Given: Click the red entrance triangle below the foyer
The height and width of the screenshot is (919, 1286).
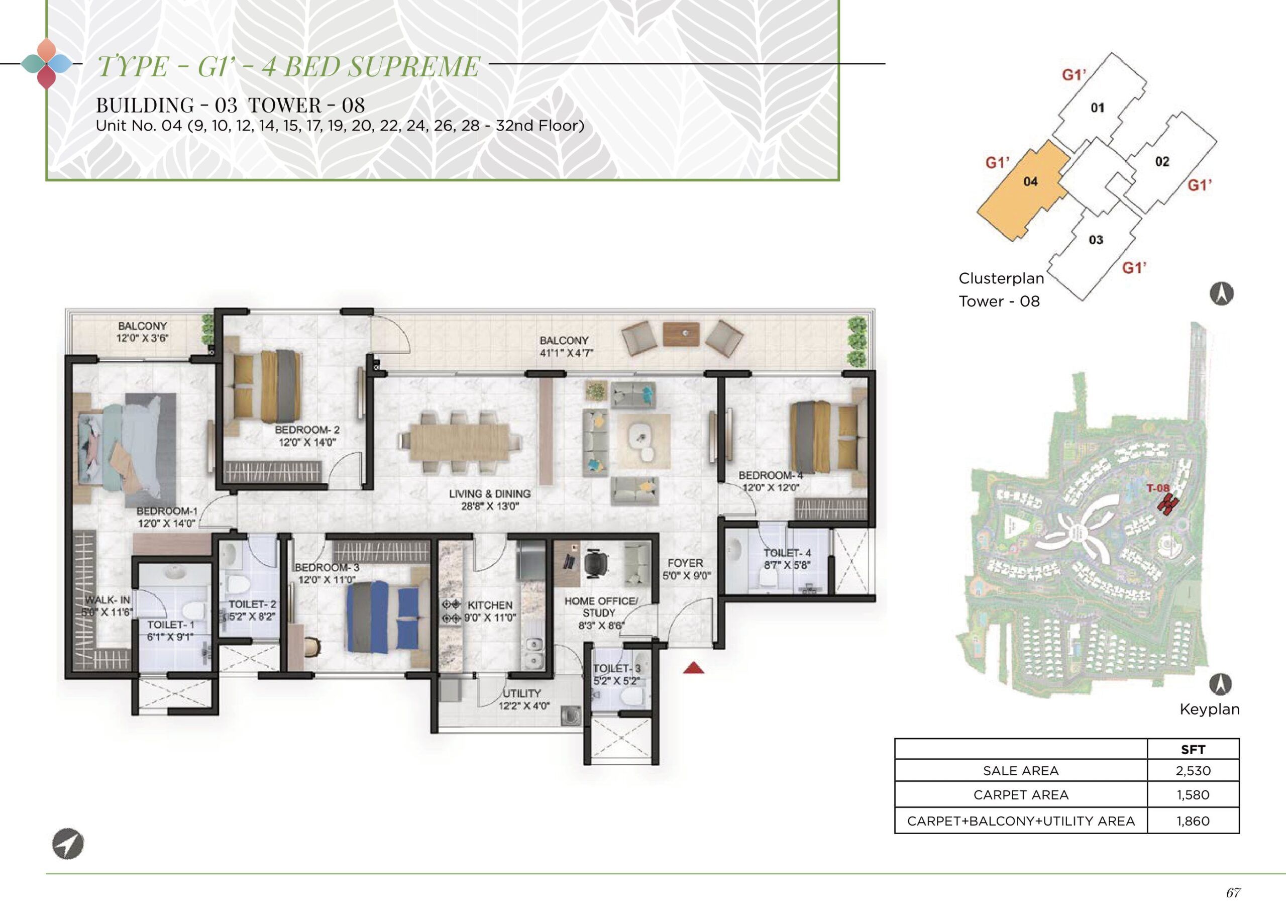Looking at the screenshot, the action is click(x=694, y=668).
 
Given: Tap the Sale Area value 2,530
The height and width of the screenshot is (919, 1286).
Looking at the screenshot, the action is click(x=1193, y=771).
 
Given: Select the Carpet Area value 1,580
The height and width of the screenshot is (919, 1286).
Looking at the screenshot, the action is click(x=1193, y=795).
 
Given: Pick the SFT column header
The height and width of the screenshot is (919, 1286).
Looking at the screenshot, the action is click(x=1193, y=749).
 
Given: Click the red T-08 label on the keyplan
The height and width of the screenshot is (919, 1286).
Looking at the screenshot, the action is click(x=1157, y=488).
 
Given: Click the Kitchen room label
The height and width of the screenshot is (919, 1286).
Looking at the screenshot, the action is click(x=490, y=605).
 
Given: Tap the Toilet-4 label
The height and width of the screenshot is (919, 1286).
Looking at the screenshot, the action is click(x=787, y=553).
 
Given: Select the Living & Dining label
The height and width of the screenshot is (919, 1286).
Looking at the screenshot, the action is click(x=490, y=494).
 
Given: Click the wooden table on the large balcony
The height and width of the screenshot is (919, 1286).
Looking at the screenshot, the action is click(x=681, y=333).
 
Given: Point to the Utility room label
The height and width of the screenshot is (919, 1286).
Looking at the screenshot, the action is click(x=522, y=693).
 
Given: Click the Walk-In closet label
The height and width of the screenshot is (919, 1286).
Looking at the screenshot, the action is click(x=108, y=600).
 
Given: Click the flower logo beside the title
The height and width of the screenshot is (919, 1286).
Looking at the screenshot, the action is click(x=46, y=64).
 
